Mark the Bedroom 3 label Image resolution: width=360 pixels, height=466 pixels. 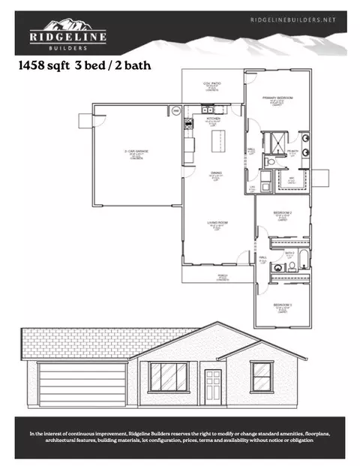pos(282,307)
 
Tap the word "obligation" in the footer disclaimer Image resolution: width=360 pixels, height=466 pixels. pos(299,440)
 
